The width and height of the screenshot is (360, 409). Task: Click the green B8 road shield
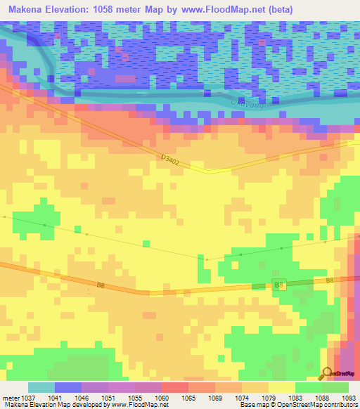[x=278, y=285]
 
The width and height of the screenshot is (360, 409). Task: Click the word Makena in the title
[x=27, y=9]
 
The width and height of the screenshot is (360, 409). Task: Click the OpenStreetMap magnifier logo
[x=328, y=373]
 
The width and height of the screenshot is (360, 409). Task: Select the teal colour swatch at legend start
[x=41, y=387]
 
